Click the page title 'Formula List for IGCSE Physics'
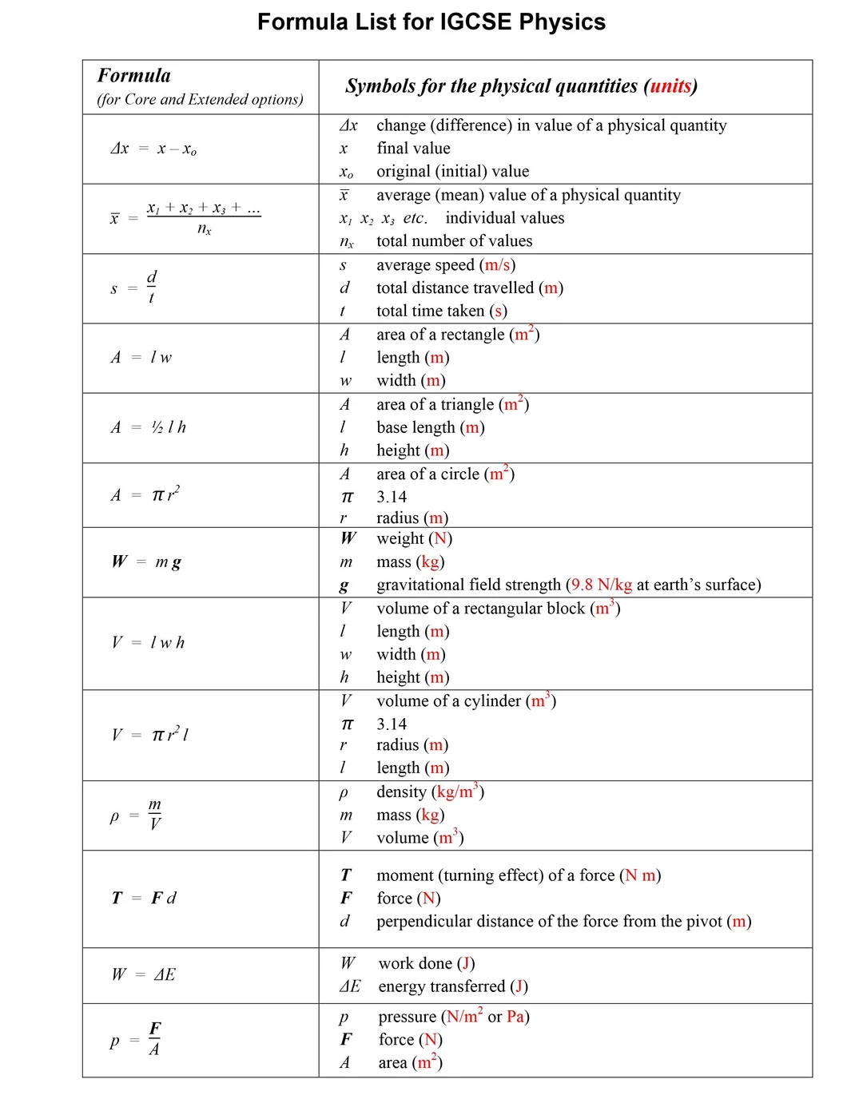point(431,22)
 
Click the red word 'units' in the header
point(670,86)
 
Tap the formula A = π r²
point(145,494)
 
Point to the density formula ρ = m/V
point(137,815)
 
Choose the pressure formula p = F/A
point(137,1039)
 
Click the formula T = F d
point(145,898)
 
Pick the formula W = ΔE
point(144,974)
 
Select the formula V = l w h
point(149,642)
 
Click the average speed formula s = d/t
point(134,288)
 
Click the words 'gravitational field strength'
point(469,585)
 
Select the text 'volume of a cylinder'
point(448,700)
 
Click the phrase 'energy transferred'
point(441,986)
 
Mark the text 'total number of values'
point(454,241)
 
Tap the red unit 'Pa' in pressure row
point(515,1017)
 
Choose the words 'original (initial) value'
point(452,172)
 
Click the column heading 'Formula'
point(134,76)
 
